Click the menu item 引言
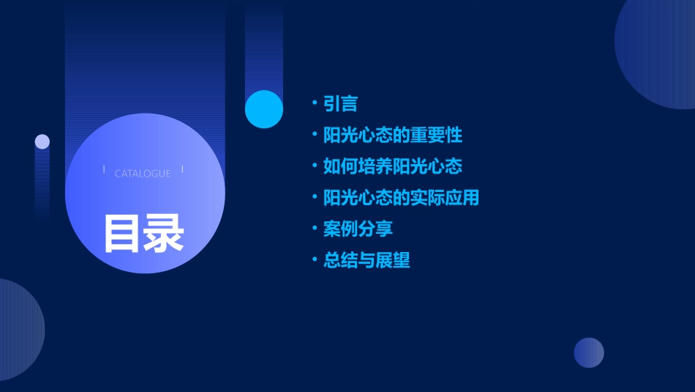point(340,103)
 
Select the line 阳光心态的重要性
point(393,135)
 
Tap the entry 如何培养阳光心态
point(393,166)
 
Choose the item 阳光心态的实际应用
point(401,198)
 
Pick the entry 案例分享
point(358,229)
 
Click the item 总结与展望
point(367,260)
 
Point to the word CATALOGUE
point(143,174)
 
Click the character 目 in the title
point(122,234)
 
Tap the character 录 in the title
point(164,234)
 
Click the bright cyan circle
point(264,109)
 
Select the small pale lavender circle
point(42,141)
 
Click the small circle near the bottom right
point(589,352)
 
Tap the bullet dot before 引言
point(314,103)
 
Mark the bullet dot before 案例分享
point(314,228)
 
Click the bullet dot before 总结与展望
point(314,259)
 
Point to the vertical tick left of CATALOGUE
point(104,169)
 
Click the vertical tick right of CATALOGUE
point(182,169)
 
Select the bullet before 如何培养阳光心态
point(314,166)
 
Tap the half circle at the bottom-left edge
point(18,330)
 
